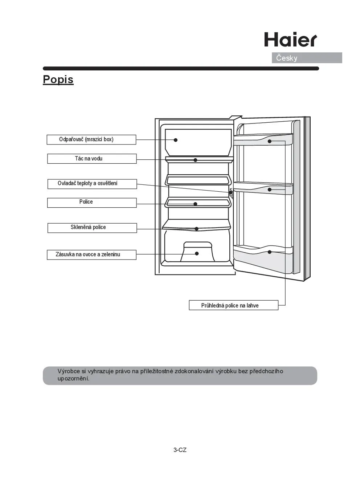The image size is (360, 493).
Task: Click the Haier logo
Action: click(x=290, y=40)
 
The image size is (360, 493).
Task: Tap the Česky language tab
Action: click(x=287, y=58)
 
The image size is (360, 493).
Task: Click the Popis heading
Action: click(x=58, y=80)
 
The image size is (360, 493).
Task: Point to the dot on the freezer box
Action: click(x=176, y=140)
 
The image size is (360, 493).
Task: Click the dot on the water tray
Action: click(x=195, y=160)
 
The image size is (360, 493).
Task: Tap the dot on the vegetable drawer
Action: click(x=197, y=253)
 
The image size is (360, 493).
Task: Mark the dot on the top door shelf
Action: click(x=270, y=141)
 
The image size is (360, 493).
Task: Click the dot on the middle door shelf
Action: click(x=270, y=190)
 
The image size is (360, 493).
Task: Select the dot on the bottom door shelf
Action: click(x=270, y=252)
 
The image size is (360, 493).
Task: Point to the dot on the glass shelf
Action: click(x=196, y=229)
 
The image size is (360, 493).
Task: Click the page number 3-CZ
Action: click(x=180, y=450)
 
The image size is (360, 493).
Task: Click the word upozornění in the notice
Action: click(x=73, y=379)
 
